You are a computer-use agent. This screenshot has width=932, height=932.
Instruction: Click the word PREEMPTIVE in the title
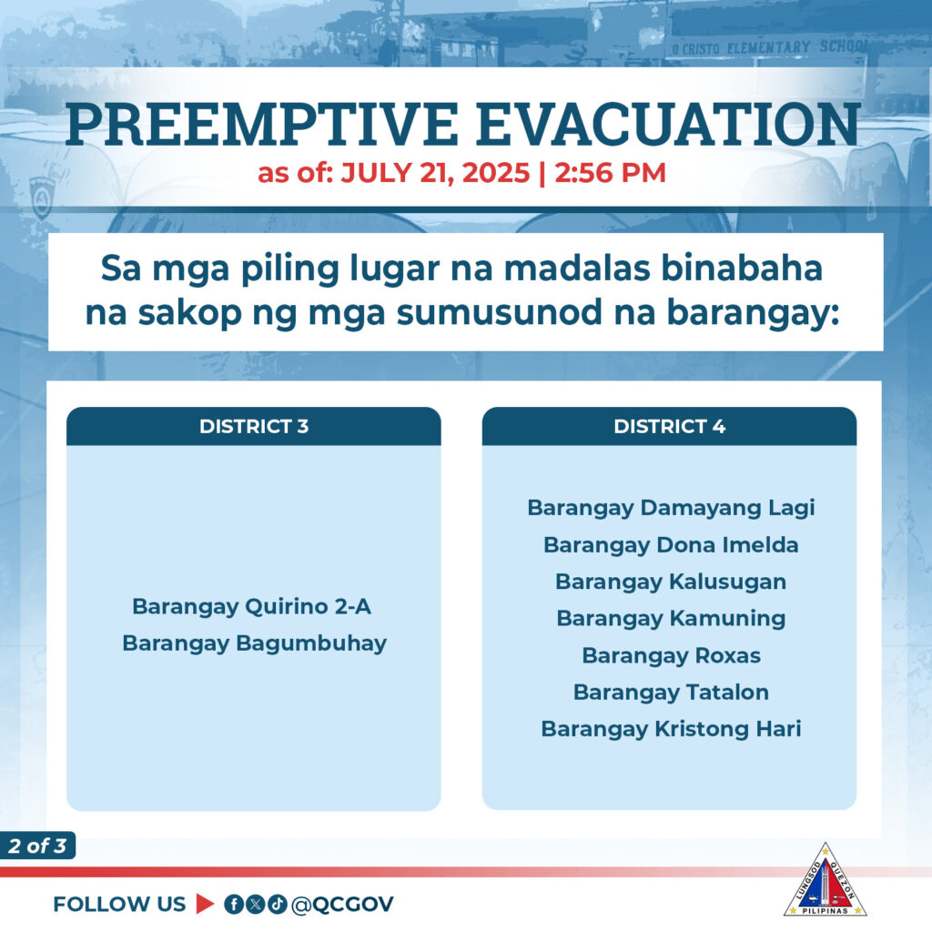[x=262, y=125]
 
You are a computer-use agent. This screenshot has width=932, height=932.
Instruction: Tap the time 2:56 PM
[x=611, y=173]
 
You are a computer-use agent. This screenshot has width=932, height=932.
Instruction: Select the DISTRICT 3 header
[x=254, y=426]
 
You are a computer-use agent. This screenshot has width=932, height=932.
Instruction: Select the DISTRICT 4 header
[x=669, y=426]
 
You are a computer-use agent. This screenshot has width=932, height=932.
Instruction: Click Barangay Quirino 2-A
[x=252, y=607]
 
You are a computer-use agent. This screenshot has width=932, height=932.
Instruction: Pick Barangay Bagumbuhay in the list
[x=255, y=643]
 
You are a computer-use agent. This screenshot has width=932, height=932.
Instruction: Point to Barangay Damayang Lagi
[x=671, y=508]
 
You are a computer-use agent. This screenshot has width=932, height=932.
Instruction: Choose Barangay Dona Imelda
[x=671, y=545]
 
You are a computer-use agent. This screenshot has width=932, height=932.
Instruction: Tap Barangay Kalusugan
[x=671, y=582]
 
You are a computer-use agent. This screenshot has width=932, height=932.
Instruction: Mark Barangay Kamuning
[x=671, y=619]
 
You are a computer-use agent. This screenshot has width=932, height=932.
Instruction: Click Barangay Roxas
[x=671, y=655]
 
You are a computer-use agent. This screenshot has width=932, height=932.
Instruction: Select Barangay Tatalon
[x=671, y=693]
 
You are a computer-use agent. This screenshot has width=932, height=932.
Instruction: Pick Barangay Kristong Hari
[x=671, y=729]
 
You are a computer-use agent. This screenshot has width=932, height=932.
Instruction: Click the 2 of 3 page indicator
[x=37, y=846]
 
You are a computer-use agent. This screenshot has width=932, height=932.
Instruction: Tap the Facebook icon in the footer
[x=234, y=904]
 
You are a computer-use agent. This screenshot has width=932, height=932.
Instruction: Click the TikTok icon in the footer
[x=277, y=904]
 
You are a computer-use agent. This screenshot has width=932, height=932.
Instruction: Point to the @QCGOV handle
[x=342, y=904]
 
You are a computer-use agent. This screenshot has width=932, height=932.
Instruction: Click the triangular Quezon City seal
[x=825, y=881]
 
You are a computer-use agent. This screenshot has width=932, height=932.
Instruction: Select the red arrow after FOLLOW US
[x=205, y=904]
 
